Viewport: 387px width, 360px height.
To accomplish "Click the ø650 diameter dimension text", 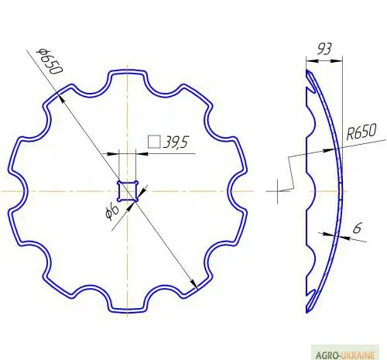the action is [x=50, y=61].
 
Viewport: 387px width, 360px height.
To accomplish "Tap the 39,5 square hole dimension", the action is [x=176, y=142].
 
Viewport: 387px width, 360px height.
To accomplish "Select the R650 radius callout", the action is [x=361, y=132].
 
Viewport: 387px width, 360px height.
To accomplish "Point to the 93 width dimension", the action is [x=324, y=49].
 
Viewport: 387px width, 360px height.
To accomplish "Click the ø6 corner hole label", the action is [x=112, y=211].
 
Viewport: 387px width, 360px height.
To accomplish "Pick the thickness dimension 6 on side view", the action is [x=357, y=228].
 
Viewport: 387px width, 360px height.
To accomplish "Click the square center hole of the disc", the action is [x=128, y=191].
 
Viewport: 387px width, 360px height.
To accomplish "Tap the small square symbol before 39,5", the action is [x=154, y=142].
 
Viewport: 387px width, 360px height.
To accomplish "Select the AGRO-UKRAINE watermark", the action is [x=345, y=355].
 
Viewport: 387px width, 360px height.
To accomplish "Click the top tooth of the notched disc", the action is [x=128, y=73].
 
